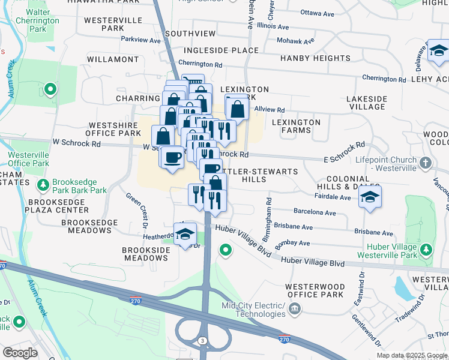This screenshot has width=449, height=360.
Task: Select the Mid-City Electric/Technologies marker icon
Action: tap(294, 309)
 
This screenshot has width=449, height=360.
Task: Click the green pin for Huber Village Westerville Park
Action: tap(426, 248)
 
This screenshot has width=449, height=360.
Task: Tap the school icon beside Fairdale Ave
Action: tap(370, 198)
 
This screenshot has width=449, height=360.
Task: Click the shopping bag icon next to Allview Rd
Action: tap(237, 109)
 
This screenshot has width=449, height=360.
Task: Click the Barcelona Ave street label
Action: tap(315, 212)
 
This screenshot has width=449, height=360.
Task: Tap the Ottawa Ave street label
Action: tap(317, 13)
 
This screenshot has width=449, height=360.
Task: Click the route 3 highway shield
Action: tap(203, 341)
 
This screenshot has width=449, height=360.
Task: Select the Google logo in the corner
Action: tap(20, 352)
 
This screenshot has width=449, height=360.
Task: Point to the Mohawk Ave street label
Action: tap(295, 41)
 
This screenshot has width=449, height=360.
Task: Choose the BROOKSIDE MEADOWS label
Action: tap(145, 254)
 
